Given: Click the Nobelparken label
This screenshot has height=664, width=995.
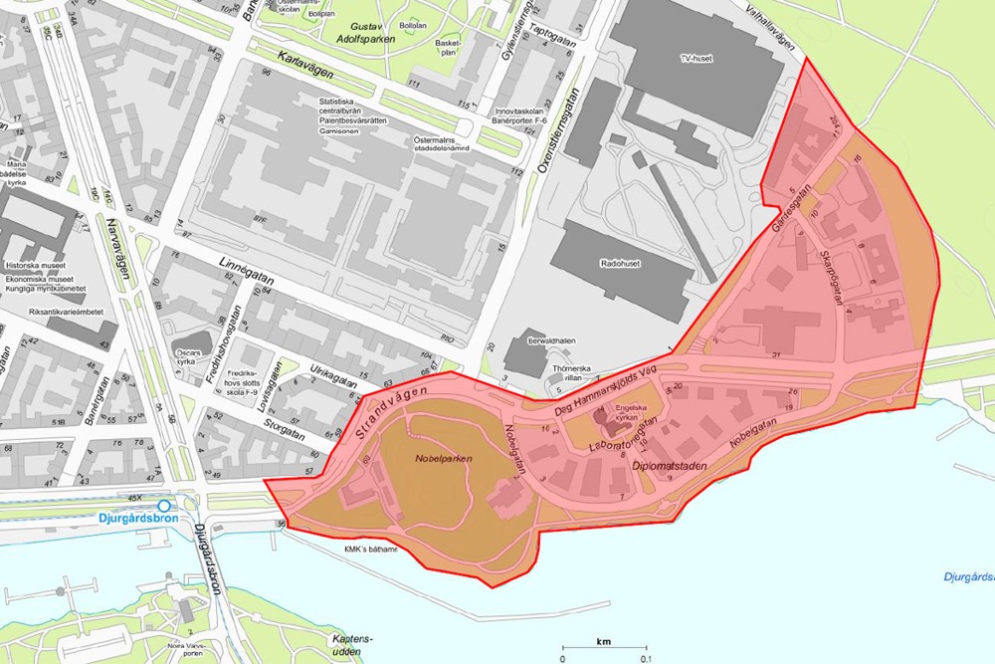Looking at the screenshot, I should pyautogui.click(x=443, y=459).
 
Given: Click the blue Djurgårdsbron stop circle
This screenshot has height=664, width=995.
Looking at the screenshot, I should pyautogui.click(x=164, y=506).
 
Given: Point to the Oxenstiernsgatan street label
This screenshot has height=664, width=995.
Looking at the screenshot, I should pyautogui.click(x=543, y=131).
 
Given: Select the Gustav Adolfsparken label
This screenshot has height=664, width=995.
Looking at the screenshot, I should pyautogui.click(x=365, y=32).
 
